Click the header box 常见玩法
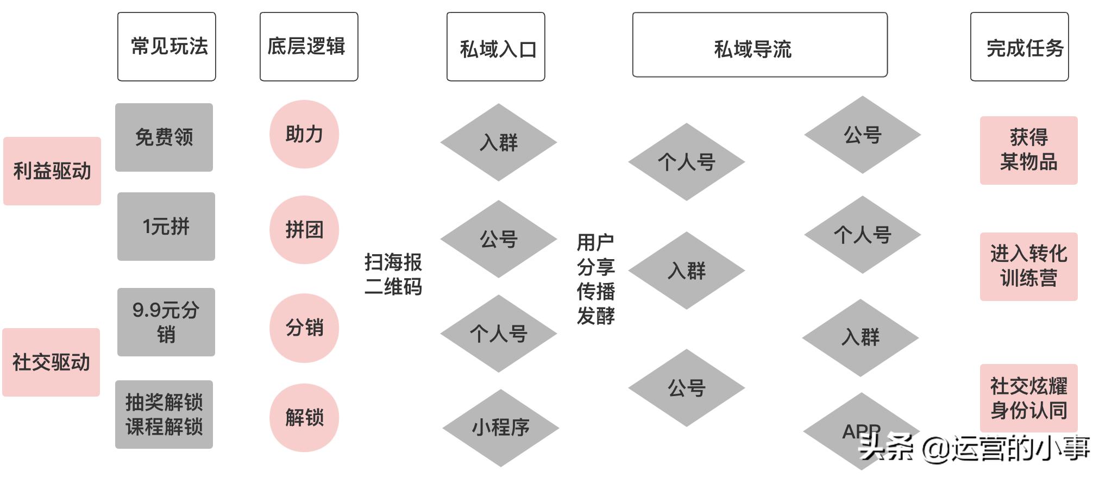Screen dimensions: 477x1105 click(166, 47)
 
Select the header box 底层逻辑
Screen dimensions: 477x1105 click(309, 47)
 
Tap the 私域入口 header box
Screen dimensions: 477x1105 click(495, 47)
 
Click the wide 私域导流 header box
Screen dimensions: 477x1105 click(759, 45)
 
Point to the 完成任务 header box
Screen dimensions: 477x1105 click(1019, 47)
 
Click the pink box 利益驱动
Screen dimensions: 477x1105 click(52, 171)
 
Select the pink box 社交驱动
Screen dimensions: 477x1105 click(51, 362)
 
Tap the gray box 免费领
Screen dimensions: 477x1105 click(164, 137)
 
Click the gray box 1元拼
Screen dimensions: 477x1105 click(166, 227)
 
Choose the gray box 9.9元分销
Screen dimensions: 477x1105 click(166, 322)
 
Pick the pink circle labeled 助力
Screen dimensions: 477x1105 click(304, 134)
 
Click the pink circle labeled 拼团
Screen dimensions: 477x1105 click(304, 230)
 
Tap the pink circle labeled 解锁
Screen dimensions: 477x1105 click(304, 418)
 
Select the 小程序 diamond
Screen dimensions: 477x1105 click(500, 428)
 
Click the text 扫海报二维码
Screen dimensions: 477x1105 click(393, 274)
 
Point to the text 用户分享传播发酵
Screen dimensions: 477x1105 click(595, 279)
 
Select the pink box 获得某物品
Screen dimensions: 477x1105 click(1028, 150)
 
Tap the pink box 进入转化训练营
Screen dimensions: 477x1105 click(1028, 267)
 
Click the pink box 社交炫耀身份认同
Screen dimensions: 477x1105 click(1028, 398)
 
